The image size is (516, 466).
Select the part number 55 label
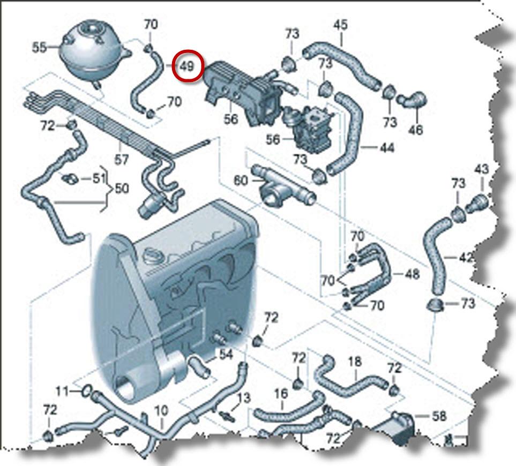coord(39,47)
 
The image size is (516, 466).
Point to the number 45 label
coord(340,25)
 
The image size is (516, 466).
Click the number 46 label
coord(415,129)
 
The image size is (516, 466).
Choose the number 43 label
coord(481,169)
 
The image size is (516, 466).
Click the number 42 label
coord(466,257)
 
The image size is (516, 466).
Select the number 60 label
coord(241,180)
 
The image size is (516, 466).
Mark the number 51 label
coord(97,178)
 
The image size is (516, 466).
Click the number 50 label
coord(122,189)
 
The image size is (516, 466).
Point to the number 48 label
coord(412,275)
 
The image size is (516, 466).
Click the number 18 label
coord(355,362)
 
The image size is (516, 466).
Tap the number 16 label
coord(281,394)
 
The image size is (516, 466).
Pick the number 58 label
coord(438,416)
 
